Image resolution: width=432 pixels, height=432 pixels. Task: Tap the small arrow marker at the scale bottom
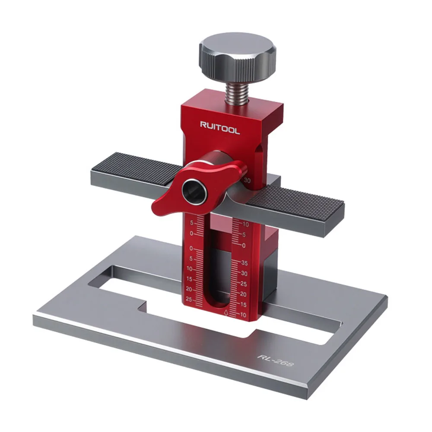click(x=226, y=311)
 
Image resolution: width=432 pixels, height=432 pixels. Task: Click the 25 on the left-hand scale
click(x=189, y=299)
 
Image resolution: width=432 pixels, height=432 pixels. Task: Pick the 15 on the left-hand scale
click(x=189, y=279)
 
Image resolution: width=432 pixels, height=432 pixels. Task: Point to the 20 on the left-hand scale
click(x=189, y=289)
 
